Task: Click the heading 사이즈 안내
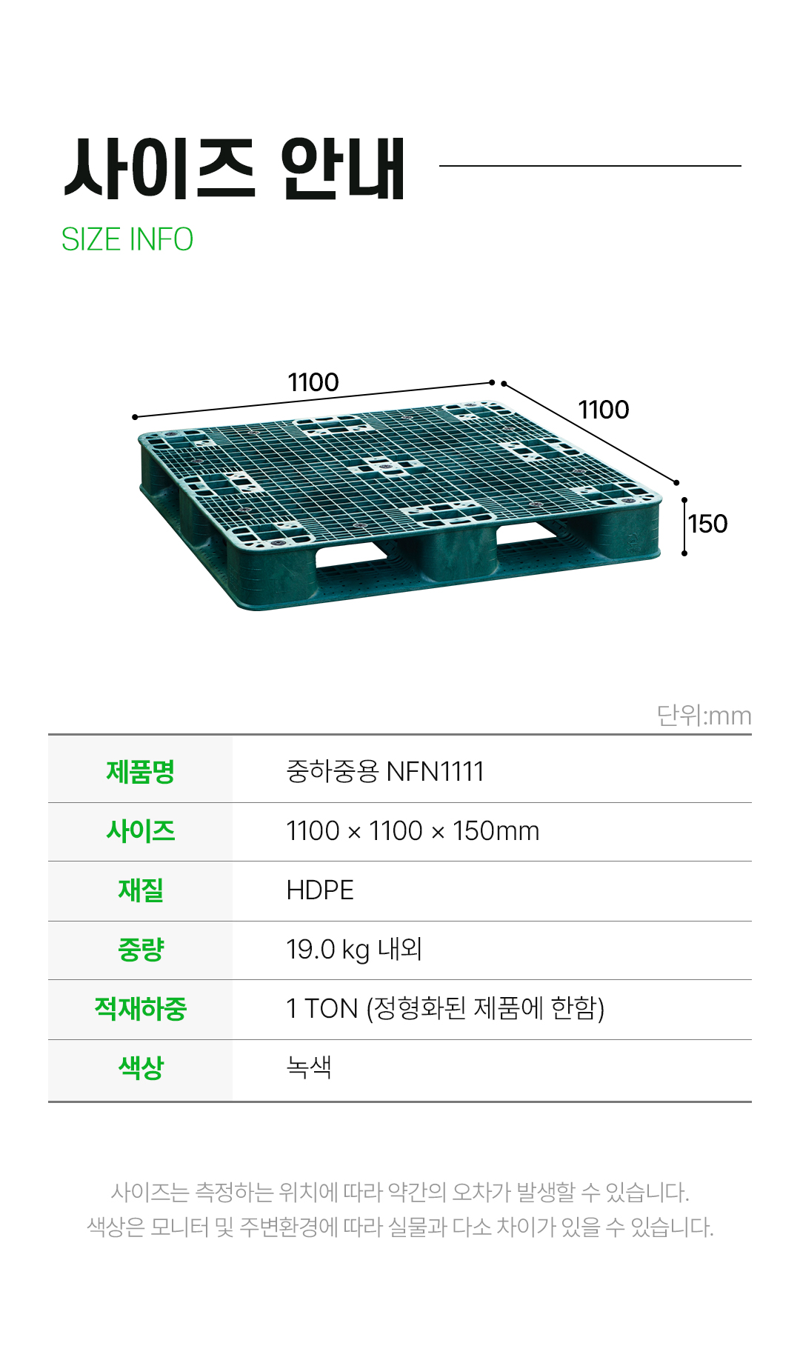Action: (235, 169)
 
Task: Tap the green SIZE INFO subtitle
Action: (127, 240)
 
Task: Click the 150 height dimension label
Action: (708, 524)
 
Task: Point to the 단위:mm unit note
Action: (704, 716)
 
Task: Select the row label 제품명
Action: (141, 771)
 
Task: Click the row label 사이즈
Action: (141, 831)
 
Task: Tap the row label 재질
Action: (141, 890)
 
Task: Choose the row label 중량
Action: (141, 950)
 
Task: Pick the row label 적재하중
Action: (141, 1009)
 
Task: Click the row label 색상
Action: (141, 1068)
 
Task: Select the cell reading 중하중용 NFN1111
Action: (385, 771)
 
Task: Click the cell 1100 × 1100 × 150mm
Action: (413, 831)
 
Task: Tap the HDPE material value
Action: (320, 890)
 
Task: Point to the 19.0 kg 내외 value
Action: (354, 950)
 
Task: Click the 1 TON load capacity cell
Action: (445, 1009)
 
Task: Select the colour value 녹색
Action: (309, 1067)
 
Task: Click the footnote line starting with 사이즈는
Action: (400, 1192)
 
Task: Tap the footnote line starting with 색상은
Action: (400, 1227)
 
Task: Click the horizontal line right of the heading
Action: (590, 166)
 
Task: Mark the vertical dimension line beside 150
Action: (684, 527)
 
